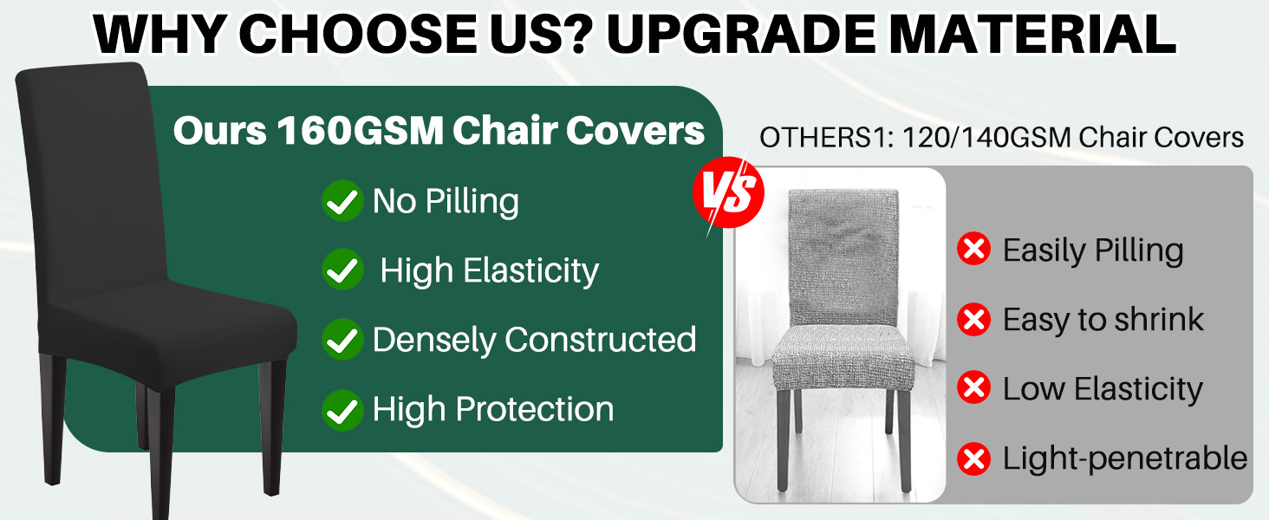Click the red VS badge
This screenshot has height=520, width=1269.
coord(728,192)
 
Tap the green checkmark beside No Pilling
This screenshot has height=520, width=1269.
coord(342,201)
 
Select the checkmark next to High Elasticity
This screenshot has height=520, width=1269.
coord(342,270)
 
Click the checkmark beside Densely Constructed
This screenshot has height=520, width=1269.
coord(342,340)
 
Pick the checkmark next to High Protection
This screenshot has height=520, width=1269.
coord(342,409)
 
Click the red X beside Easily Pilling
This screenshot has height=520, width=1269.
coord(973,250)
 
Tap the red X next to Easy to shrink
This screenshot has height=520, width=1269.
coord(973,320)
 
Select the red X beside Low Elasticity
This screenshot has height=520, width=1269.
coord(973,389)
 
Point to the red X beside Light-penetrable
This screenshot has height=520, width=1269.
coord(973,458)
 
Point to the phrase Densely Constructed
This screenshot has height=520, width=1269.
coord(534,340)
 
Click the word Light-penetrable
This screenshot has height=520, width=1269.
coord(1124,458)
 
